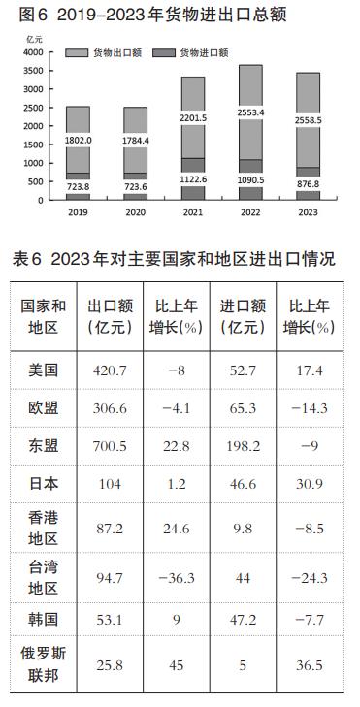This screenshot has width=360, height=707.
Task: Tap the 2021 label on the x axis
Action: point(192,211)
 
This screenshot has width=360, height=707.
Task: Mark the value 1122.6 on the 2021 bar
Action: point(192,180)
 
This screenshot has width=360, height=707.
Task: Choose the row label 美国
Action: point(45,370)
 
